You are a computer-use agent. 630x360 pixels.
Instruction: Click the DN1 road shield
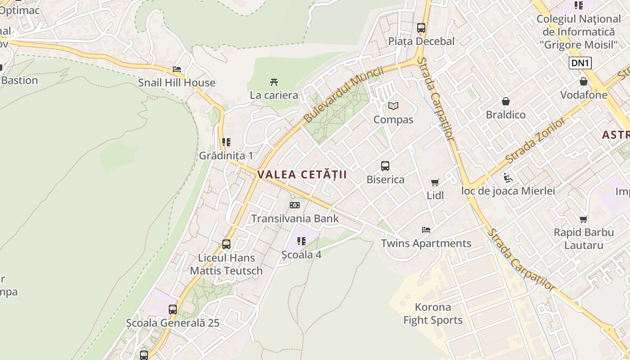tap(580, 63)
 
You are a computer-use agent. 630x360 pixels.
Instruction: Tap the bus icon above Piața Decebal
tap(421, 27)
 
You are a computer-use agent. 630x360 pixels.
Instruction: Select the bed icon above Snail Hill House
tap(177, 69)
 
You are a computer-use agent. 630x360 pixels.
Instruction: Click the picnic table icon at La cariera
tap(274, 82)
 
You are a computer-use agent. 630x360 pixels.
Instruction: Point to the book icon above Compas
tap(393, 106)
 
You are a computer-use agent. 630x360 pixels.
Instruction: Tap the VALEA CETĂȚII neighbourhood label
tap(302, 175)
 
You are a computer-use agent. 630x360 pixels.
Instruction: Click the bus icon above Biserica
tap(385, 166)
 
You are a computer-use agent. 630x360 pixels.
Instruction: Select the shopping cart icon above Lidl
tap(435, 182)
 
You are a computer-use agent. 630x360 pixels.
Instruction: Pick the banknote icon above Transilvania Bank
tap(295, 205)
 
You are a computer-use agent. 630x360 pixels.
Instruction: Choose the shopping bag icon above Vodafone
tap(584, 81)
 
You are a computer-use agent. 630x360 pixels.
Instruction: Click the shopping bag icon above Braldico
tap(506, 101)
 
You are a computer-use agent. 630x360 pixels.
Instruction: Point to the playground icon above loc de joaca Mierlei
tap(508, 177)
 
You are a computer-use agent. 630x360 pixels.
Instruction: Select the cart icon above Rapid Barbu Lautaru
tap(584, 219)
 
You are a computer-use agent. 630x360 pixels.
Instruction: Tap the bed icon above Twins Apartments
tap(426, 230)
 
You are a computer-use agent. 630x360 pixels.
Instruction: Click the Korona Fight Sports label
tap(433, 314)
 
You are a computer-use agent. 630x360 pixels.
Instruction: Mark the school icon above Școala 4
tap(301, 241)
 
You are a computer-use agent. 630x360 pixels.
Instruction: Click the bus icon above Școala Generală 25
tap(173, 310)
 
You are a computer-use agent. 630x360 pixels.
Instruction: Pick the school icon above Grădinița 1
tap(226, 142)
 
